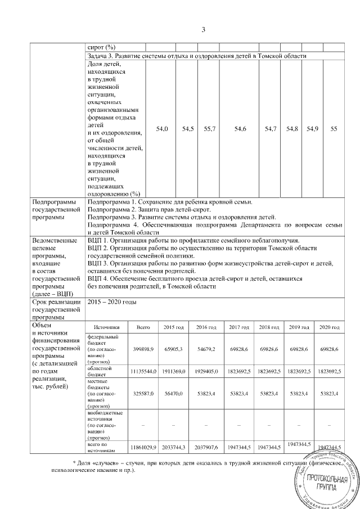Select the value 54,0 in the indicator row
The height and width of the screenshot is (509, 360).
tap(162, 129)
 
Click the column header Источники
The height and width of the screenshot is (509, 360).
tap(107, 327)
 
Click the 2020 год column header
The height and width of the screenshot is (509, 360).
tap(330, 327)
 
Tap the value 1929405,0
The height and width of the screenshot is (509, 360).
tap(206, 372)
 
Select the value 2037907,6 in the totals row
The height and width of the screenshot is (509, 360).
tap(206, 447)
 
